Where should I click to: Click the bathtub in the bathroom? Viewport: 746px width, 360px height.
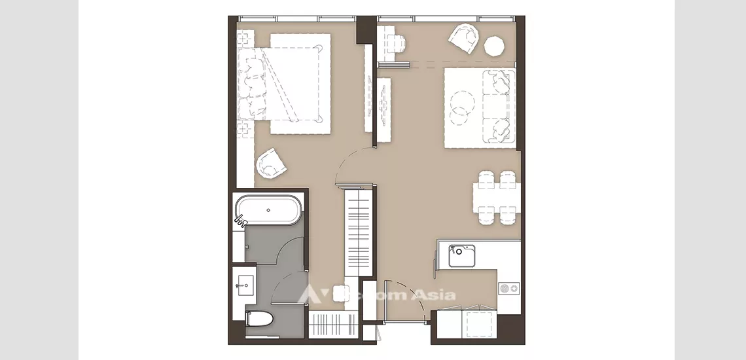coord(269,211)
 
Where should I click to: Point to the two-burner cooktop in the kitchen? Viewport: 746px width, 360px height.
coord(508,287)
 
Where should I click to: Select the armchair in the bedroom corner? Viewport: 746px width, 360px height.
coord(271,163)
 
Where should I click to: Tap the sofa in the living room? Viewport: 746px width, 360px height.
coord(499,106)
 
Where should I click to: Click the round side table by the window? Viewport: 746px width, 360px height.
coord(494,46)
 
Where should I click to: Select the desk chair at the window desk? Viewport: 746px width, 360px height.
coord(396,43)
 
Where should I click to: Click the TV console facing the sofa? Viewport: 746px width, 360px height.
coord(383,101)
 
